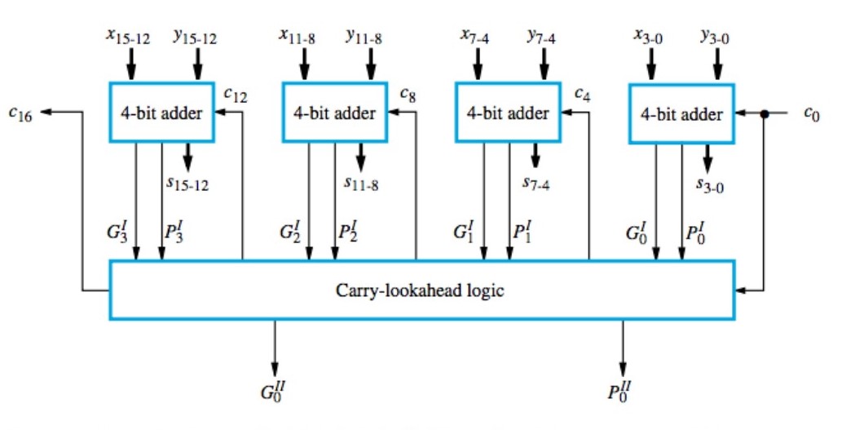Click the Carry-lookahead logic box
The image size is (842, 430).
point(421,290)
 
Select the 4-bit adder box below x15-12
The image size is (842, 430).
point(161,113)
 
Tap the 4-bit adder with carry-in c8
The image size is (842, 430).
point(334,113)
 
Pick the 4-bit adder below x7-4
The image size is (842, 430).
point(508,113)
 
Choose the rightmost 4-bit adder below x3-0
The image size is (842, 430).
point(681,114)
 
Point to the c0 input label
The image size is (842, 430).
point(810,113)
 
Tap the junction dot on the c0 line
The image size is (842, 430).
point(764,114)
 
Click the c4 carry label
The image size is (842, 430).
point(582,94)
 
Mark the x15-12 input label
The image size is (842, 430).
point(128,36)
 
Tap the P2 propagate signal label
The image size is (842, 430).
point(348,232)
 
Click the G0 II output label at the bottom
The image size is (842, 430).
point(274,390)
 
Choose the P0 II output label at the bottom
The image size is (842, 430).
point(622,390)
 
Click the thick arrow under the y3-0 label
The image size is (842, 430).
point(717,62)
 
